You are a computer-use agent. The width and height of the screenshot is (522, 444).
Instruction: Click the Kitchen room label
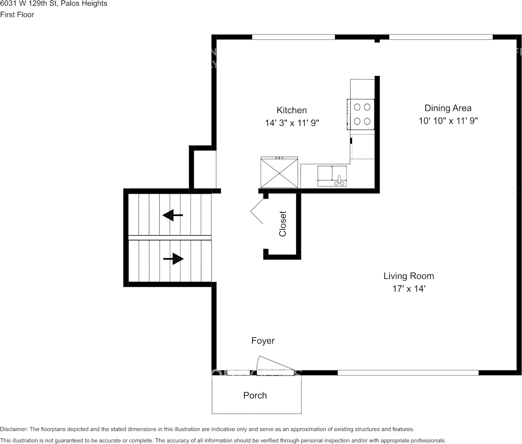[292, 110]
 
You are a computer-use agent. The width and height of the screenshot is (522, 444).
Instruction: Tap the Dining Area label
[448, 108]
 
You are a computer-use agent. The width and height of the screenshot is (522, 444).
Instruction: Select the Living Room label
[408, 276]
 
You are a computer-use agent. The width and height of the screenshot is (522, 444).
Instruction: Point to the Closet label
[283, 223]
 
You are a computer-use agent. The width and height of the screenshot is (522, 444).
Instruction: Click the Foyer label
[263, 341]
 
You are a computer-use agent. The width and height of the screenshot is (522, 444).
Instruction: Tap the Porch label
[255, 396]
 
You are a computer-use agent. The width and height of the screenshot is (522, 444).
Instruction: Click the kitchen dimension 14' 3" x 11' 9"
[292, 123]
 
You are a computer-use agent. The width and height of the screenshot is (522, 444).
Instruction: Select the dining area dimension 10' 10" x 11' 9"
[448, 121]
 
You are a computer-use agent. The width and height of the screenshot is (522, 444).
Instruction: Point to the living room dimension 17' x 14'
[408, 289]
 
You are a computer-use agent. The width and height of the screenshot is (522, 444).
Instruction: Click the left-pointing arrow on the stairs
[173, 215]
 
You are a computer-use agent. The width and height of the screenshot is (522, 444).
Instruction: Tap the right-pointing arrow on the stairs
[173, 259]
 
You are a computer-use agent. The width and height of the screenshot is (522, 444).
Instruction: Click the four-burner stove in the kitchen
[361, 114]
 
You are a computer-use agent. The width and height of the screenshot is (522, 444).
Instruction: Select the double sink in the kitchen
[332, 176]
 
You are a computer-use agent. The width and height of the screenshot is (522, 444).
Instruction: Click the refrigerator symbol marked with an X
[279, 172]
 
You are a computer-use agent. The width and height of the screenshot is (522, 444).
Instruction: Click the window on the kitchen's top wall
[293, 37]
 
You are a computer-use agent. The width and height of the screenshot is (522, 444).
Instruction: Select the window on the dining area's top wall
[441, 37]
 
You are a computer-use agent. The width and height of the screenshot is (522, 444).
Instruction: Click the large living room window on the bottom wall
[408, 373]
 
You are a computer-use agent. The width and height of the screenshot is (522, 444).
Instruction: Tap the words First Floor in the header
[17, 15]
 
